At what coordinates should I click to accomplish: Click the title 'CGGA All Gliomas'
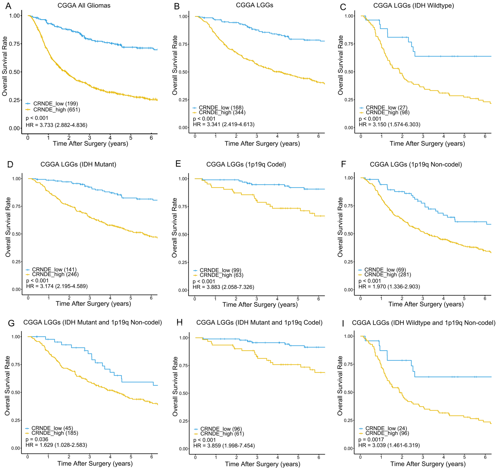pos(84,6)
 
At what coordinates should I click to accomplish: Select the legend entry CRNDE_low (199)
pos(52,104)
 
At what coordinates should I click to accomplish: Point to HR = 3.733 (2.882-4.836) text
pos(57,125)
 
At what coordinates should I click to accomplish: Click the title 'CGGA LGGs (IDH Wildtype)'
pos(414,6)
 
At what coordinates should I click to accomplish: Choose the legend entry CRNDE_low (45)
pos(49,428)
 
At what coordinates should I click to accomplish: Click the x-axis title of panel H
pos(263,464)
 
